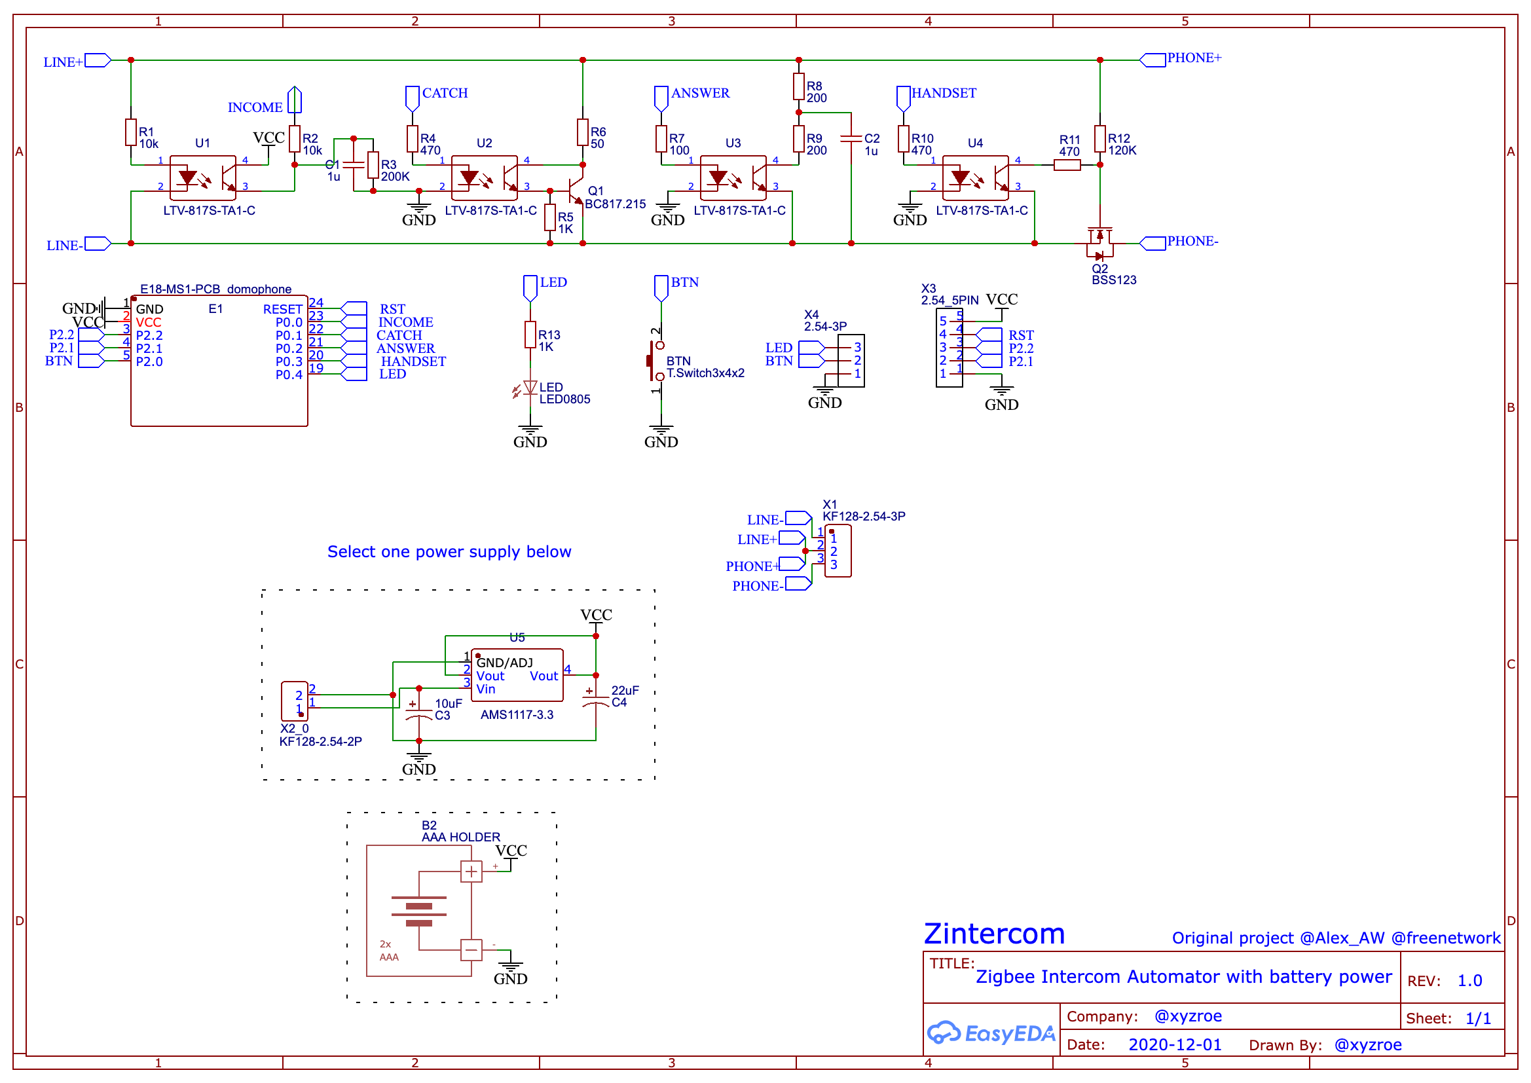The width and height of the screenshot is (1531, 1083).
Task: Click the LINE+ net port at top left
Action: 98,61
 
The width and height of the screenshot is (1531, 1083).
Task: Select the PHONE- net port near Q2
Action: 1153,244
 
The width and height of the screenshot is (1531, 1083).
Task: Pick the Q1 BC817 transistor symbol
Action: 575,191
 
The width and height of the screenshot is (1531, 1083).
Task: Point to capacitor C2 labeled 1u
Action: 851,139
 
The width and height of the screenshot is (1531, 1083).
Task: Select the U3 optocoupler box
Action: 733,178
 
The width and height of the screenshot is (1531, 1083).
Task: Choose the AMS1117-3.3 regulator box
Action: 517,676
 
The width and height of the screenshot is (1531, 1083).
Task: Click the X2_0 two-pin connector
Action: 294,701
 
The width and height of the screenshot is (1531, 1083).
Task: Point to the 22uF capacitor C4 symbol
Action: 595,697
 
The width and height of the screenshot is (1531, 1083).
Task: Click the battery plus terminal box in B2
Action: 471,871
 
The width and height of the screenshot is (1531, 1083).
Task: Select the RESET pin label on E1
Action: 283,310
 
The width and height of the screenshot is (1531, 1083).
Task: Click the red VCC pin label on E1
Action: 148,323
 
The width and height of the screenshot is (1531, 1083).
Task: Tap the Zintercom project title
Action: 994,934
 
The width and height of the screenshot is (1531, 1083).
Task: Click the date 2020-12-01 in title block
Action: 1175,1045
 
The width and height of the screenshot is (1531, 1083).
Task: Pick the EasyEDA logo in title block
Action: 991,1034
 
